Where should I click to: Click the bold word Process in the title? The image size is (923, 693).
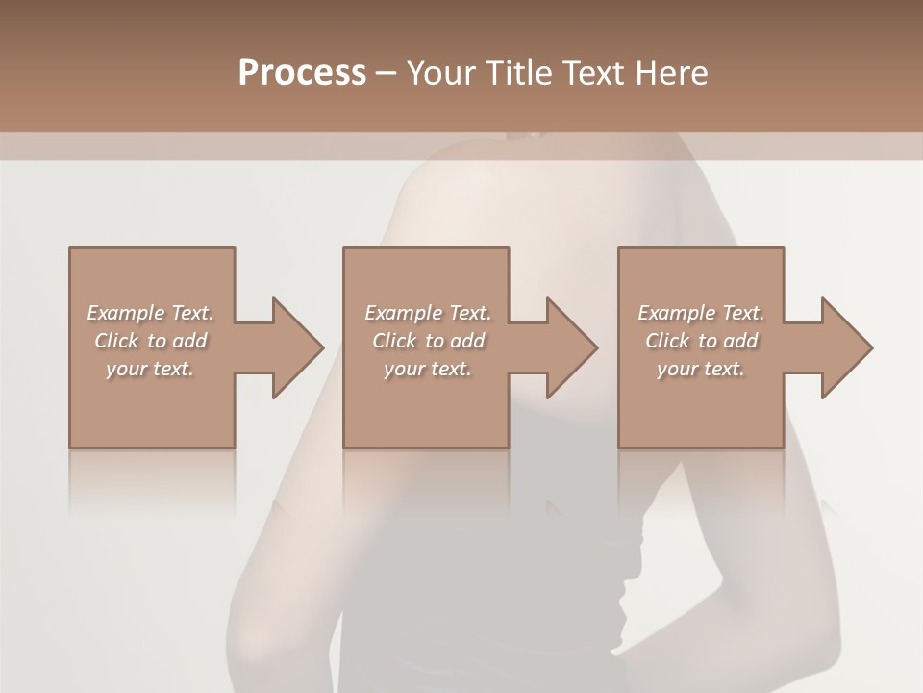(x=302, y=72)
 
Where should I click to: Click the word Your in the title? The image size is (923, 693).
(x=441, y=72)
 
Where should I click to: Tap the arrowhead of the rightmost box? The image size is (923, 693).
(x=845, y=347)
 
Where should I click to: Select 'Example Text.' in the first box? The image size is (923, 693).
(x=150, y=313)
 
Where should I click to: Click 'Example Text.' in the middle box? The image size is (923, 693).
(x=427, y=313)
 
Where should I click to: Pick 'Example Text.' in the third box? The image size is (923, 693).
(x=701, y=313)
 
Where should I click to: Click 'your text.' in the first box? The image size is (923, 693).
(x=150, y=369)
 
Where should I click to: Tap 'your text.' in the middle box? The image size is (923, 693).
(x=427, y=369)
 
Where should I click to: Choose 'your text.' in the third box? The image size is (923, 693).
(x=701, y=369)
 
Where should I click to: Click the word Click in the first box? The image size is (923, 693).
(x=116, y=341)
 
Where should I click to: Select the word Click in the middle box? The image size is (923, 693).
(x=394, y=341)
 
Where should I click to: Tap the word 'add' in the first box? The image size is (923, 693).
(x=190, y=341)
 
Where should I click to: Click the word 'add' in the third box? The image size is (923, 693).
(x=740, y=341)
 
